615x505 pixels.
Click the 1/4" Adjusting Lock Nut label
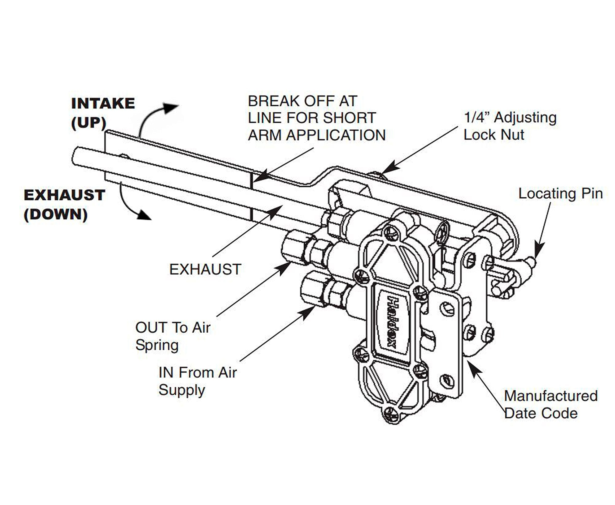pos(510,126)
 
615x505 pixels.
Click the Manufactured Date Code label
pos(550,405)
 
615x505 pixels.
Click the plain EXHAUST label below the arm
pos(205,269)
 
